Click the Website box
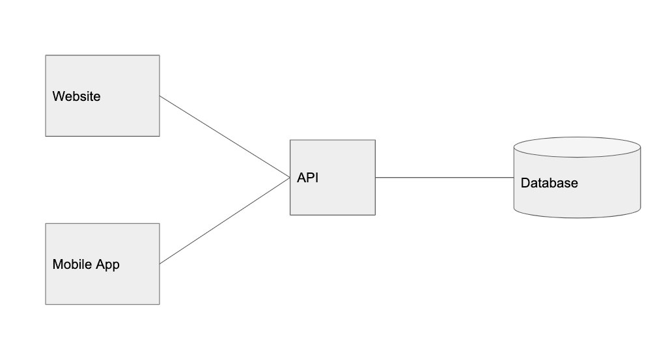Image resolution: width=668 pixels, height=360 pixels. pos(103,96)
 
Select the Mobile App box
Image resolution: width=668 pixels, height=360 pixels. pos(103,264)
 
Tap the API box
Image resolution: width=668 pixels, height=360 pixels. pos(333,177)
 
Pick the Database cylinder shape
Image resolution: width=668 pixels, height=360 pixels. pos(578,177)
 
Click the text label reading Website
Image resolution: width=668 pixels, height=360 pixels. pos(77,96)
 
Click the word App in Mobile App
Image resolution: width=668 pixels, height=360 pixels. pos(107,264)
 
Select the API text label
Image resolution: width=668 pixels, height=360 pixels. pos(307,177)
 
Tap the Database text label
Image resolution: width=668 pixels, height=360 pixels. pos(549,183)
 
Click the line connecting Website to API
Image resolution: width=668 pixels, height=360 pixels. pos(225,137)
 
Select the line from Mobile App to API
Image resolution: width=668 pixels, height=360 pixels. pos(225,221)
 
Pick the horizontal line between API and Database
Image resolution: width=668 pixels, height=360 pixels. pos(444,177)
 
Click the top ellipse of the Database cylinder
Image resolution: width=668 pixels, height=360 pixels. pos(578,147)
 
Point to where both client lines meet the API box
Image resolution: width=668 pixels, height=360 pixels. pos(290,178)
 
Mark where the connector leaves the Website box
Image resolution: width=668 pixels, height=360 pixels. pos(160,96)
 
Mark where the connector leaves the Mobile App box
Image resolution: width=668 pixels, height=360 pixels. pos(160,264)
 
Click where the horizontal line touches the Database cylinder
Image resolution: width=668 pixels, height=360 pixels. pos(514,177)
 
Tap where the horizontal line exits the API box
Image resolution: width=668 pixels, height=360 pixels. pos(375,177)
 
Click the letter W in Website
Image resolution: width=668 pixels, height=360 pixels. pos(58,96)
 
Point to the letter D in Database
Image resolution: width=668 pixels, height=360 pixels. pos(525,183)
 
